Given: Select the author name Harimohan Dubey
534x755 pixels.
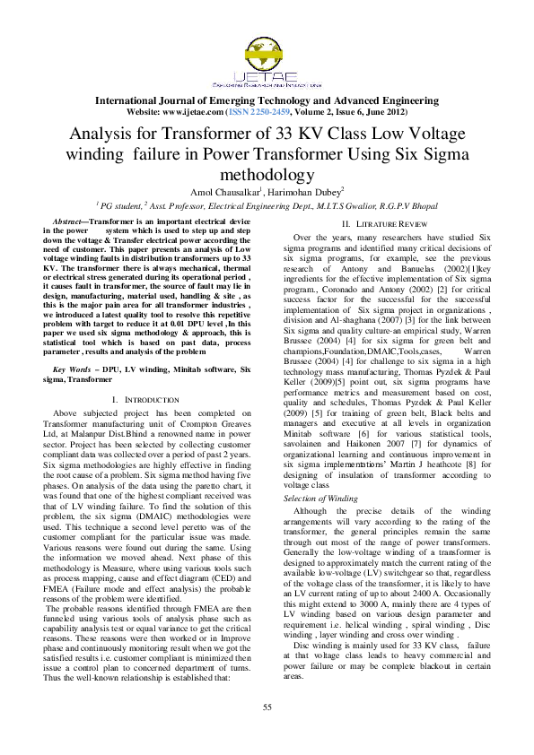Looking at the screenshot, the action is pyautogui.click(x=304, y=191).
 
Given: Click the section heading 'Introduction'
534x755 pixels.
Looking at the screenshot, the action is pyautogui.click(x=138, y=397).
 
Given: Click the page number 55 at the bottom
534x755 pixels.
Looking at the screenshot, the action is pyautogui.click(x=267, y=708).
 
